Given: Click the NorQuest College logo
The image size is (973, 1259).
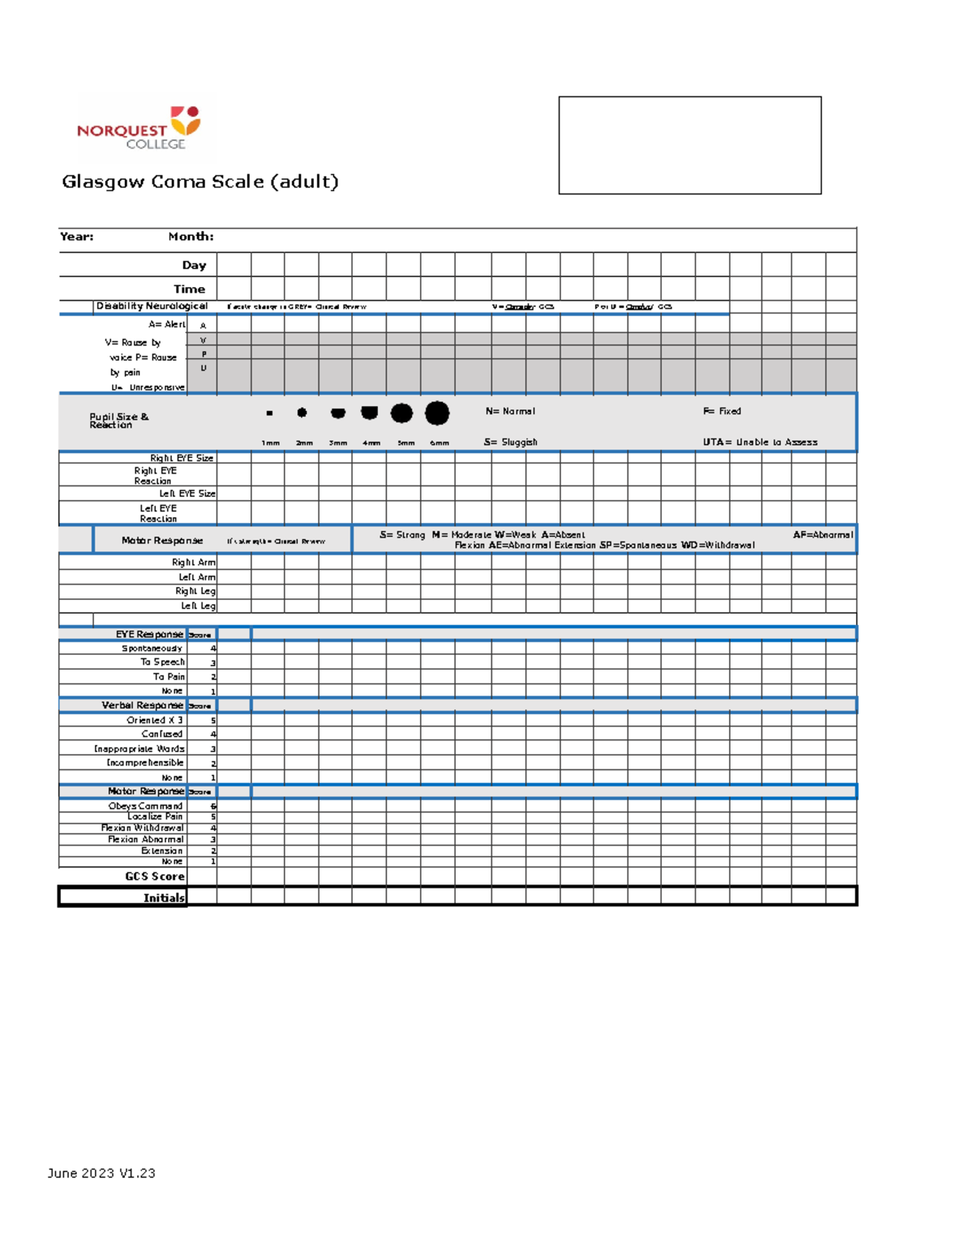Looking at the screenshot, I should (139, 128).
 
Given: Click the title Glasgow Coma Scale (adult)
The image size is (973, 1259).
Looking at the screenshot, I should (200, 182).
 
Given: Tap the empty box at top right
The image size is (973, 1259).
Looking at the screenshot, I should (689, 145).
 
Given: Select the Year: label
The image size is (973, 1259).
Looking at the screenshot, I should (77, 237).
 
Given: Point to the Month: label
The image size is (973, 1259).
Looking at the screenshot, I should (191, 237).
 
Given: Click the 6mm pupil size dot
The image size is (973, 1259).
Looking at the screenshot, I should (437, 413).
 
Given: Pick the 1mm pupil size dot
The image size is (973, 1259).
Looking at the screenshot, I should (269, 413).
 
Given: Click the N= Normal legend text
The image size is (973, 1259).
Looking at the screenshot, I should (510, 411).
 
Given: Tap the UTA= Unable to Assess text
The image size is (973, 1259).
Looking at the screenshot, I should (760, 442).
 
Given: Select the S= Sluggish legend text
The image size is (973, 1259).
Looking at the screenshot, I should (511, 442).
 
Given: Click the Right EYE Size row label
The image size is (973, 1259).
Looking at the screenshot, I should (182, 458).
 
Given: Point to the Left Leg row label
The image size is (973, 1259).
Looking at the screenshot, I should (198, 606).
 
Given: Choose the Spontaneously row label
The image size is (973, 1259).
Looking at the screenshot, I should (152, 649).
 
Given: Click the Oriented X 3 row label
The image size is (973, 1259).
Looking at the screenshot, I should (155, 720).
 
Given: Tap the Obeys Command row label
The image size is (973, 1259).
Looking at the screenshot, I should (146, 806).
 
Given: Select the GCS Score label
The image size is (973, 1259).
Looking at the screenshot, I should (155, 876).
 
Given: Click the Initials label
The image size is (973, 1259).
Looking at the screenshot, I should (164, 897).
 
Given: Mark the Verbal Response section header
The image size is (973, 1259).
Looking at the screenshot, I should (143, 705).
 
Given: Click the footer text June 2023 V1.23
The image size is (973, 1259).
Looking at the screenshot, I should (101, 1173).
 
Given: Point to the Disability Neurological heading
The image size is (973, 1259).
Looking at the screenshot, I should (152, 306).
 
